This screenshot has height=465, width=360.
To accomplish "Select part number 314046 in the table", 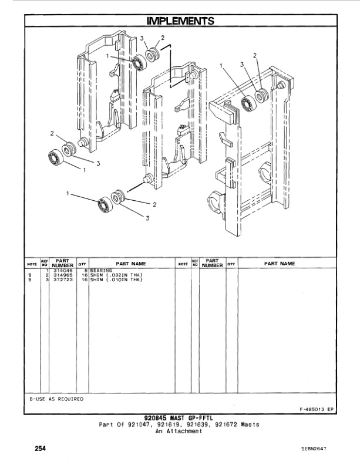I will [x=63, y=270].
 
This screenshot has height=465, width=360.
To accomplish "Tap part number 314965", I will [x=63, y=275].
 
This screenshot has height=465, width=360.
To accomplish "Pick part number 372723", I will [x=63, y=279].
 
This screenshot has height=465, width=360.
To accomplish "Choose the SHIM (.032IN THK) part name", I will [x=116, y=275].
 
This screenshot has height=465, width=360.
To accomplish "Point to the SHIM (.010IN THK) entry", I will [x=116, y=279].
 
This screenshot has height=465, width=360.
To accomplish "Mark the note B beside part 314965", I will [x=30, y=275].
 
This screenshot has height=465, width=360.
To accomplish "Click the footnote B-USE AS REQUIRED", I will [x=56, y=399].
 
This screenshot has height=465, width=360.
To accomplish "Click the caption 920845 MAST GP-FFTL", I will [x=180, y=418].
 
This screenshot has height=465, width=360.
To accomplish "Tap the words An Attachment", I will [x=179, y=430].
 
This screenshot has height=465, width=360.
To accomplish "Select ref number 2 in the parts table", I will [x=46, y=275].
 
